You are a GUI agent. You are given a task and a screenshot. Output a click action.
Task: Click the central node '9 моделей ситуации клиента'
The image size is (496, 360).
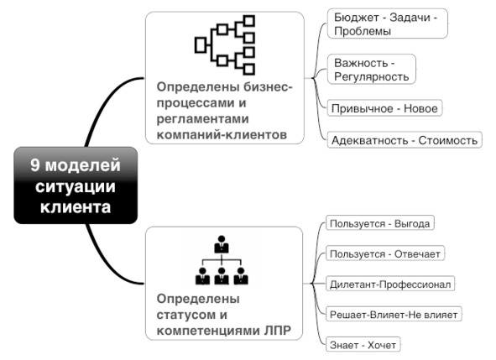click(76, 185)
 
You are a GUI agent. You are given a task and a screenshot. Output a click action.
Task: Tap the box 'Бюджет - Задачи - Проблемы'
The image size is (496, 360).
click(388, 23)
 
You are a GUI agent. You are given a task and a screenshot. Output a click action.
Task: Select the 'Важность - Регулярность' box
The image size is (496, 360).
click(371, 70)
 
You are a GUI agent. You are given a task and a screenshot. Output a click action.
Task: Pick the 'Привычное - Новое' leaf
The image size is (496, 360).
click(384, 108)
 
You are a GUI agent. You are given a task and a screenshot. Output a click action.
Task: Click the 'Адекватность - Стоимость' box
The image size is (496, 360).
click(405, 140)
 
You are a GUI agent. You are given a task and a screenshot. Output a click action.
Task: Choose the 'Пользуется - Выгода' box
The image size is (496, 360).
click(379, 223)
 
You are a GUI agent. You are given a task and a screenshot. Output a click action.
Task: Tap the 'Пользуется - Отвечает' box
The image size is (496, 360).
click(385, 253)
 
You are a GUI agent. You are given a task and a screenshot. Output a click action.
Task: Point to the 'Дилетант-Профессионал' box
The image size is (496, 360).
click(390, 284)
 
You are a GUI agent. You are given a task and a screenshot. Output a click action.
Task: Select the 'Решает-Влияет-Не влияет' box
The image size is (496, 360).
click(394, 314)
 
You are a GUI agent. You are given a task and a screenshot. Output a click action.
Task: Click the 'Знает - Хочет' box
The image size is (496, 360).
click(363, 345)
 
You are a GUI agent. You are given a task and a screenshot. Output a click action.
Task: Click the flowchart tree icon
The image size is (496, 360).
click(225, 45)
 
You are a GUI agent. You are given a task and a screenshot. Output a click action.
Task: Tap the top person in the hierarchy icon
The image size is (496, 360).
click(222, 244)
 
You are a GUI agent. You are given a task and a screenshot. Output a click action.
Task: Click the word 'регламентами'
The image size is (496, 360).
click(202, 119)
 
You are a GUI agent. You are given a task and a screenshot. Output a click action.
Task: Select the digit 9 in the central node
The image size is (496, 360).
click(34, 165)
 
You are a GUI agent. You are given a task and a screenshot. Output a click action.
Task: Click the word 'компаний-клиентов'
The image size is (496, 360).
click(222, 135)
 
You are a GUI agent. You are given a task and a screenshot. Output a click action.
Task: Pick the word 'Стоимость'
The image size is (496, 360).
click(447, 140)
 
